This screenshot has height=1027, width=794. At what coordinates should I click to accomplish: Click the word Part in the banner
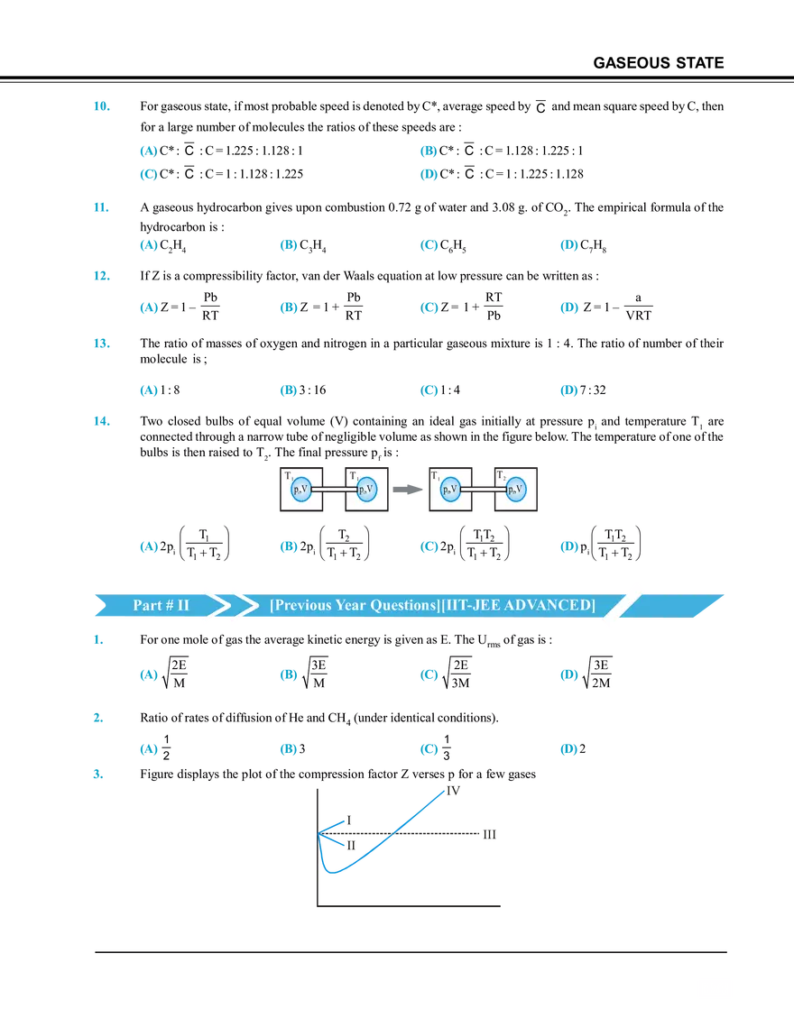pyautogui.click(x=147, y=605)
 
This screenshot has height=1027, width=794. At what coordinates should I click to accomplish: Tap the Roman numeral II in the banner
pyautogui.click(x=182, y=605)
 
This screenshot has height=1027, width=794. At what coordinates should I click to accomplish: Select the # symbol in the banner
pyautogui.click(x=167, y=605)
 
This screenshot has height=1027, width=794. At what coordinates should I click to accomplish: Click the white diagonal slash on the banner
pyautogui.click(x=624, y=604)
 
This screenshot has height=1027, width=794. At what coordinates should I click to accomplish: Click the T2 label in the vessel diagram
pyautogui.click(x=500, y=475)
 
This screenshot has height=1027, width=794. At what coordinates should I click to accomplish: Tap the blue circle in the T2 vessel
pyautogui.click(x=515, y=490)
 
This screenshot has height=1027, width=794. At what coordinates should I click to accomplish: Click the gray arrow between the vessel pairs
pyautogui.click(x=409, y=490)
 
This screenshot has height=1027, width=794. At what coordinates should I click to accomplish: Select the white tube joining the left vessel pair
pyautogui.click(x=334, y=490)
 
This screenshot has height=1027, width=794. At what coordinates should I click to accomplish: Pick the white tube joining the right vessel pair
pyautogui.click(x=482, y=490)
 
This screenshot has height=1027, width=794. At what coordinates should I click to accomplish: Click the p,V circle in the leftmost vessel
pyautogui.click(x=301, y=490)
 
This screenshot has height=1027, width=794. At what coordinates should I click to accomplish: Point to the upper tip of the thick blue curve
pyautogui.click(x=445, y=791)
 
